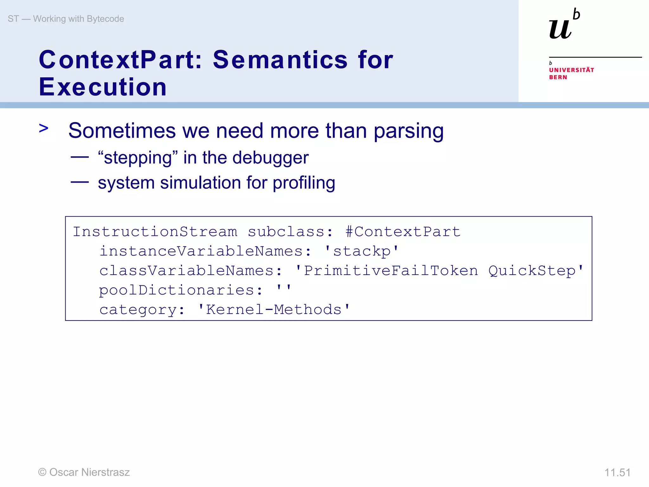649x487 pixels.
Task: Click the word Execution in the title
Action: click(103, 87)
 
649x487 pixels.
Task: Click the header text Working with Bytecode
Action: click(79, 19)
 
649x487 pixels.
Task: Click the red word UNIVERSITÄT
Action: click(571, 70)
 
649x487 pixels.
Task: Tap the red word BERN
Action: click(558, 77)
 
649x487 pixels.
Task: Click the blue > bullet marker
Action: click(43, 128)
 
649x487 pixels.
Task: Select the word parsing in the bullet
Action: click(408, 131)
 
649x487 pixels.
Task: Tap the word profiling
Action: click(304, 183)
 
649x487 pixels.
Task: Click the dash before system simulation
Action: click(80, 182)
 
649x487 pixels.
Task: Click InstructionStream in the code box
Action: click(155, 231)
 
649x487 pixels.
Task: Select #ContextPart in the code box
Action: click(403, 231)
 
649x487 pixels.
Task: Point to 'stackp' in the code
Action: click(362, 251)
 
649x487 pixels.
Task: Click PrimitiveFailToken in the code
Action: click(391, 270)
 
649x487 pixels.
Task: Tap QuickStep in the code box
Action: click(532, 270)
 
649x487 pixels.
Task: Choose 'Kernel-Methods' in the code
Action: click(274, 309)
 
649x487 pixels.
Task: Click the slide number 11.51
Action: click(617, 472)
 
